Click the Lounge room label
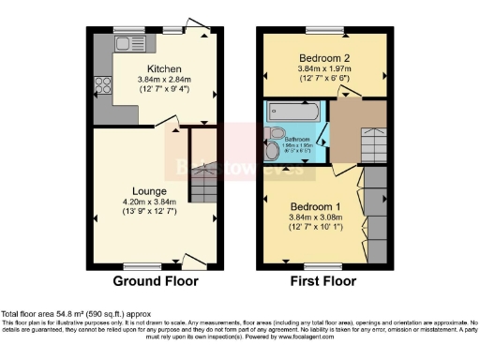[149, 191]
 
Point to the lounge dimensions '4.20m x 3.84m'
[149, 202]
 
